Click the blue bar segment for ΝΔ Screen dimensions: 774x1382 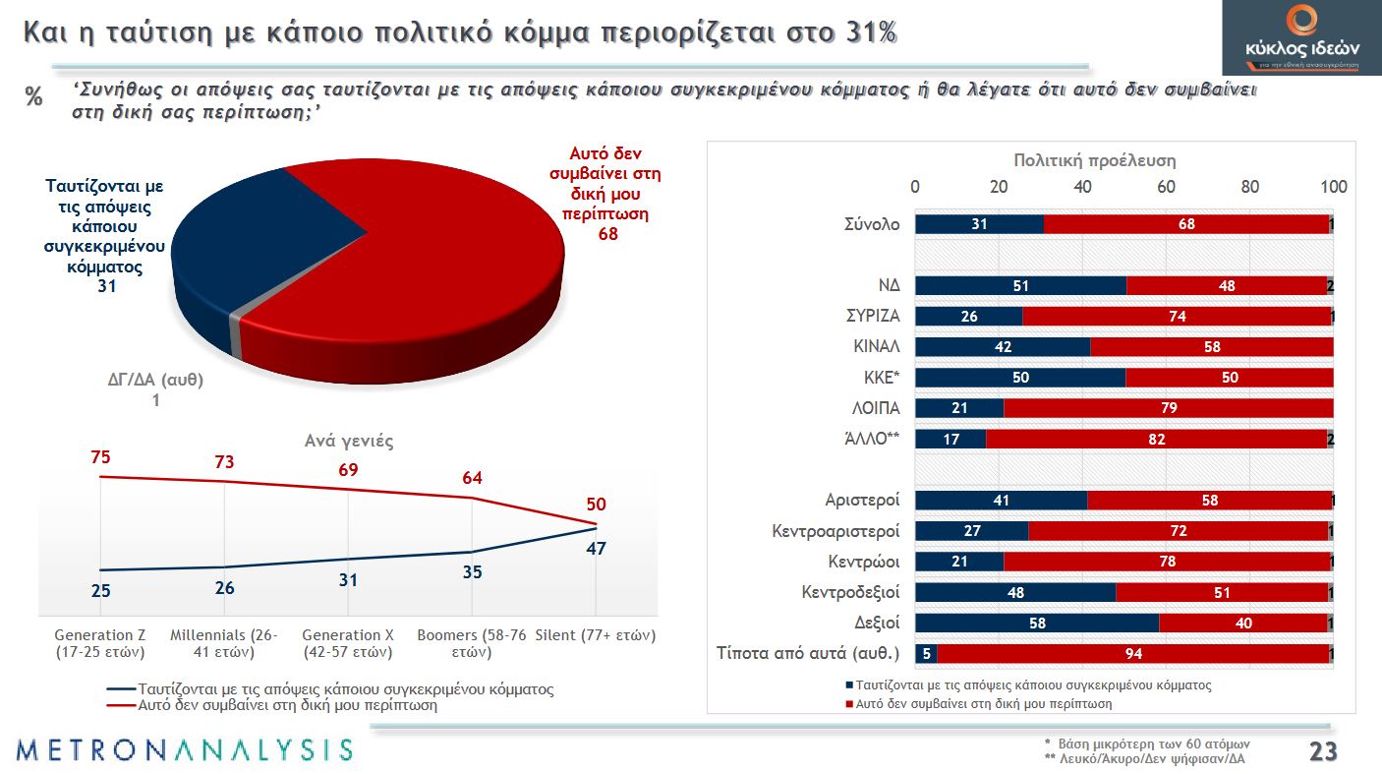[1020, 286]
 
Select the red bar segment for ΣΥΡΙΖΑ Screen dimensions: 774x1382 [1177, 317]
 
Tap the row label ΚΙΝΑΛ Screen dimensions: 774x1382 [876, 347]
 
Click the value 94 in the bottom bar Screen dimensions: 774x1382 [1132, 654]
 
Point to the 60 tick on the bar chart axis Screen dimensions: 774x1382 [1166, 187]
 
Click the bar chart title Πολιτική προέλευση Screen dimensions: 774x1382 [1094, 160]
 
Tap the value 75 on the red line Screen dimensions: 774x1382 [101, 457]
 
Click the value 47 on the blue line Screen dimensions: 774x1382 [596, 549]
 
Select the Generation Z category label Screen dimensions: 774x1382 [100, 643]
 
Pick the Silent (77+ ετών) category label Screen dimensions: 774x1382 [595, 635]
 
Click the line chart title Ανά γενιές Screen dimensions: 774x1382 [349, 441]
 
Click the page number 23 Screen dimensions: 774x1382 [1323, 752]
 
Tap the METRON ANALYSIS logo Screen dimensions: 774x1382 [184, 749]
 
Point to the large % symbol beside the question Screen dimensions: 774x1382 [34, 97]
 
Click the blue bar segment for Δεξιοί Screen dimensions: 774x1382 [1036, 624]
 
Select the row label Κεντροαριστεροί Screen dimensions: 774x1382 [835, 532]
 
